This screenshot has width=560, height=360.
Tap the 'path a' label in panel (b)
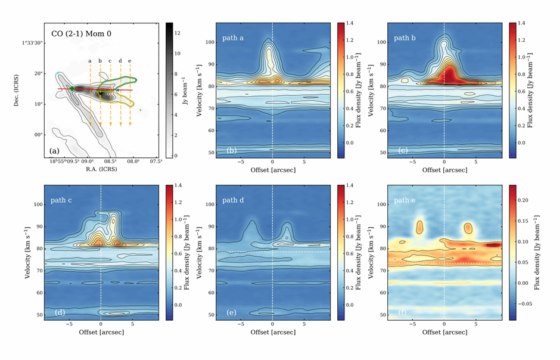[235, 37]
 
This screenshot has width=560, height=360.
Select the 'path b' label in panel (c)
[406, 37]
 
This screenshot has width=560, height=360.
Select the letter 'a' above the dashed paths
[90, 60]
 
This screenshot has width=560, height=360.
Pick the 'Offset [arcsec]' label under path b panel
[444, 170]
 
